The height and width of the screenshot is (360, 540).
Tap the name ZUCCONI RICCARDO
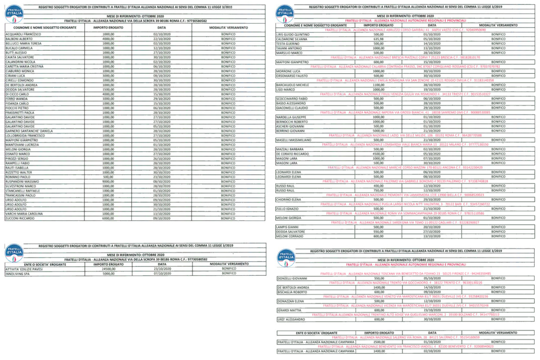click(x=21, y=218)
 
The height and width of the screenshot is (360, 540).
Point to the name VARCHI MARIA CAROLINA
click(x=24, y=213)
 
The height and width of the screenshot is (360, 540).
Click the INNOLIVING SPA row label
click(x=18, y=274)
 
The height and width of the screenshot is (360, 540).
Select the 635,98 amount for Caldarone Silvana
click(x=378, y=39)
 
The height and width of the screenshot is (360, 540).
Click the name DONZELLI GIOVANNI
click(x=292, y=278)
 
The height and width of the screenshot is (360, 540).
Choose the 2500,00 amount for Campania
click(x=378, y=342)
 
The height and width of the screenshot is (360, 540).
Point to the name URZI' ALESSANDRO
click(x=291, y=319)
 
